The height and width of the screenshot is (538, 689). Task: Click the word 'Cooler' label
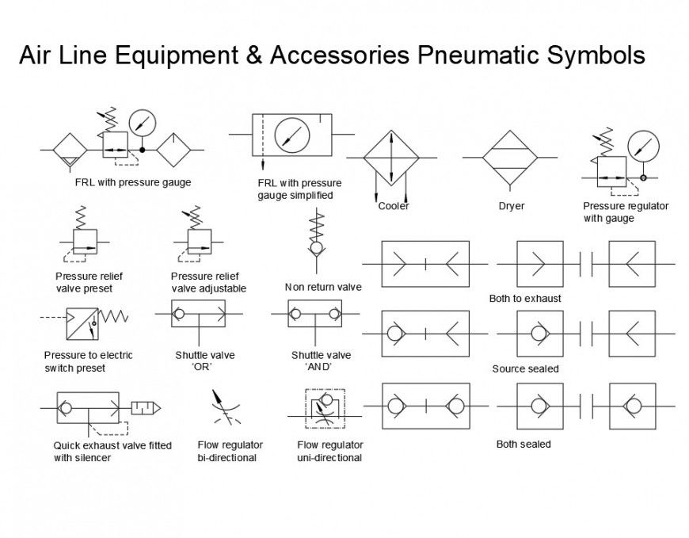coord(394,206)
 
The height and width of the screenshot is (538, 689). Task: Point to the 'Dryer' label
coord(511,206)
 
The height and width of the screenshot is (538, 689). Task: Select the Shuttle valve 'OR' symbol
coord(199,314)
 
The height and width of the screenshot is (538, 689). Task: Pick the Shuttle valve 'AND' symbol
coord(315,314)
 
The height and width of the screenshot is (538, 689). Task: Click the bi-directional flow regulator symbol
coord(223,408)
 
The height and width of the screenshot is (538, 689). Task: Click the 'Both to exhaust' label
coord(525,299)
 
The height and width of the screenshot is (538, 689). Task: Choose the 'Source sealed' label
coord(525,368)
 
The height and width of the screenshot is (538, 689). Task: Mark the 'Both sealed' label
coord(523,444)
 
